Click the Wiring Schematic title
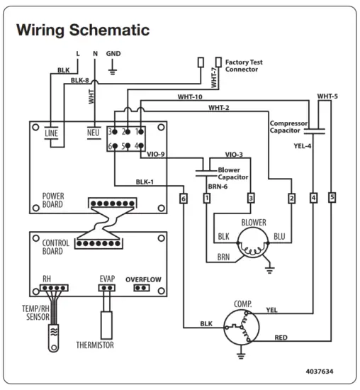pyautogui.click(x=83, y=30)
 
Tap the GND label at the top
pyautogui.click(x=113, y=53)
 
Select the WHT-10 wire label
pyautogui.click(x=190, y=96)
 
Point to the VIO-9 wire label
pyautogui.click(x=156, y=154)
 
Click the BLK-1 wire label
pyautogui.click(x=145, y=182)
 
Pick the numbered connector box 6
pyautogui.click(x=184, y=199)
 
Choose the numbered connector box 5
pyautogui.click(x=332, y=198)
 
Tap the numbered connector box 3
pyautogui.click(x=251, y=199)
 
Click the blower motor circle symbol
pyautogui.click(x=253, y=243)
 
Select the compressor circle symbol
pyautogui.click(x=242, y=328)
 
